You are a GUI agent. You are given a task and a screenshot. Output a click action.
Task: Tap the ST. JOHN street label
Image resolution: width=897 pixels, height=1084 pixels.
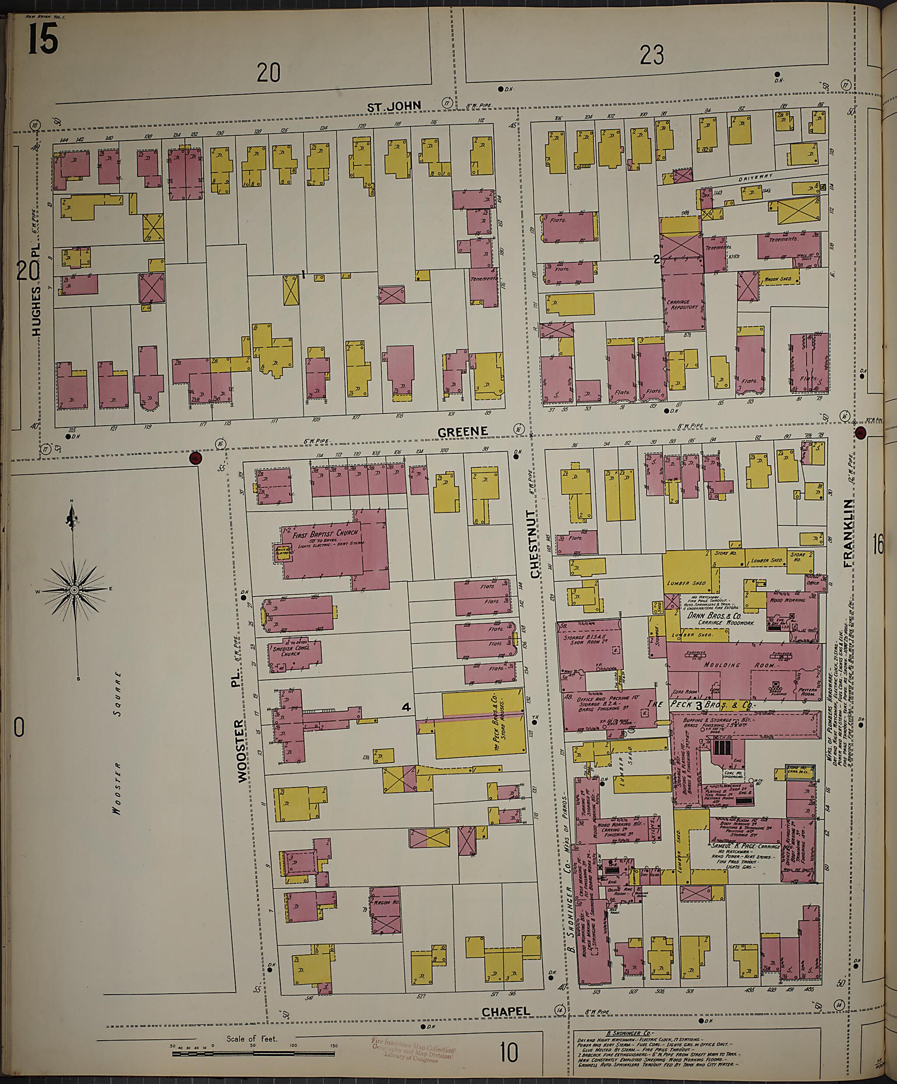point(394,106)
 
